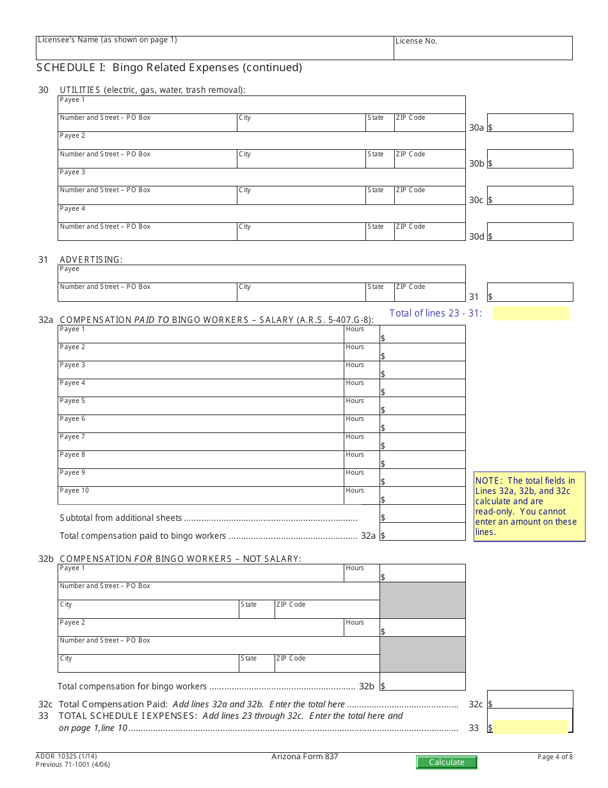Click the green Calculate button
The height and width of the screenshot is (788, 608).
[446, 762]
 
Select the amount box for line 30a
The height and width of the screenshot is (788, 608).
[530, 123]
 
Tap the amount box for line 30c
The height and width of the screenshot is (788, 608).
[530, 195]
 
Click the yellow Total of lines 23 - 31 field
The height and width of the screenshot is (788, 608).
[531, 313]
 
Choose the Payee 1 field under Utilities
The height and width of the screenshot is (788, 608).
[261, 104]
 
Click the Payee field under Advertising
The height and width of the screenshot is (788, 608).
[261, 274]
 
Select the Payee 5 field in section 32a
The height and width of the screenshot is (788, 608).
[200, 406]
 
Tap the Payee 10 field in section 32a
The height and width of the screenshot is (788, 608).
[200, 496]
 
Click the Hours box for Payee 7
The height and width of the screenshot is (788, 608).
[361, 442]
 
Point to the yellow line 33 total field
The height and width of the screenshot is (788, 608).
[531, 727]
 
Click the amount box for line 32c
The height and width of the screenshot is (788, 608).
[530, 700]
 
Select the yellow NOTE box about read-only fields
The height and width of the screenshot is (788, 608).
[529, 507]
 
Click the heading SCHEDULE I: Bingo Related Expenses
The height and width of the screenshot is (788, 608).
[169, 67]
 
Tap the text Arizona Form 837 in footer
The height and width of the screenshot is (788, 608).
[305, 757]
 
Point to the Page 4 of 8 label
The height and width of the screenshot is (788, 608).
[555, 757]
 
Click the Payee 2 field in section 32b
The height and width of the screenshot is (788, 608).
[200, 627]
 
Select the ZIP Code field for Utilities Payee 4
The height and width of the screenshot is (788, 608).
[429, 232]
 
